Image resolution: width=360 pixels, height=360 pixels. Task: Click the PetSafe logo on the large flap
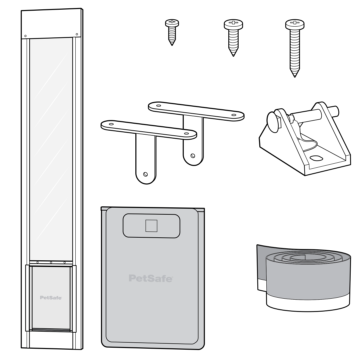(x=151, y=278)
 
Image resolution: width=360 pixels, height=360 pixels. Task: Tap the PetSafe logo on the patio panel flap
(x=51, y=297)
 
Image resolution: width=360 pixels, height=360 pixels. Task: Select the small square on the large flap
(x=151, y=226)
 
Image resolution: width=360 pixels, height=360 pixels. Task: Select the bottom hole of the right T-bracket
(x=192, y=155)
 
